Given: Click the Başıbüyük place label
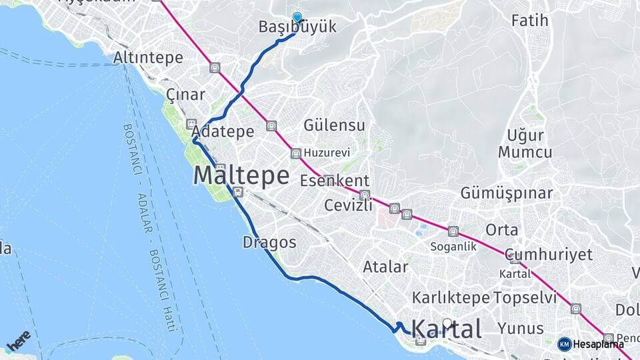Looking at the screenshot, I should (x=297, y=27).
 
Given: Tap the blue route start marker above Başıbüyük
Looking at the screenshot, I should (x=297, y=18).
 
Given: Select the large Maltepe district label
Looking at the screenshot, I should (x=241, y=176).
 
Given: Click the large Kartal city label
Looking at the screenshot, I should (x=446, y=329).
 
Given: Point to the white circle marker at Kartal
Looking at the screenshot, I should (x=447, y=323).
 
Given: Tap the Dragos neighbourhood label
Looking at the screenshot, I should (x=269, y=242).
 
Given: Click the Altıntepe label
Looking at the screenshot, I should (x=148, y=58).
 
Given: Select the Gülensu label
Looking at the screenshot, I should (x=334, y=125).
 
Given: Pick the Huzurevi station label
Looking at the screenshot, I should (x=327, y=153).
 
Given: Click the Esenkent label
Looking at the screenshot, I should (x=334, y=181).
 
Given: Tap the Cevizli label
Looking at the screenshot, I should (x=347, y=206).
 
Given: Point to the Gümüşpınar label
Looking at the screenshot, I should (x=507, y=194).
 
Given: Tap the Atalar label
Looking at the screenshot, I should (x=385, y=267).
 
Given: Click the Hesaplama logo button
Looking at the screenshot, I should (x=591, y=344).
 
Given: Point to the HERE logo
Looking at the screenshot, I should (x=18, y=341).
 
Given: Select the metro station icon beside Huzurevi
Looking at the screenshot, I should (x=296, y=154).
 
